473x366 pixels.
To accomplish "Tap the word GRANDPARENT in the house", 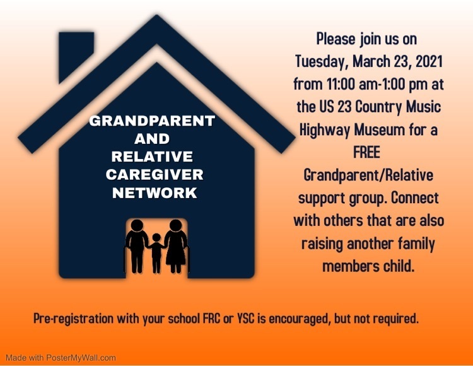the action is [152, 121].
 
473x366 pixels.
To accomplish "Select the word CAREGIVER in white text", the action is [155, 175].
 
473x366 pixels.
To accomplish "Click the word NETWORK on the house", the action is [155, 193].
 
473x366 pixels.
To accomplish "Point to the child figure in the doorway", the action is [156, 253].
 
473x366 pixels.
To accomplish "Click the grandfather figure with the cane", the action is [137, 246].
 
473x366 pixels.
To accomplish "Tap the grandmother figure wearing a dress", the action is [176, 246].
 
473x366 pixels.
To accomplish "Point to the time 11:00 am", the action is [350, 84].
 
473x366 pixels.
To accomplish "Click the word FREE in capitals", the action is [366, 152].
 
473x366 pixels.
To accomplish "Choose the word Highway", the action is [325, 131].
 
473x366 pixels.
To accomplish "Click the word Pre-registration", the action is [74, 319].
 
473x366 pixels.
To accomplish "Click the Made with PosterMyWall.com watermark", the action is [61, 358].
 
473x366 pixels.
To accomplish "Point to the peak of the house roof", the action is [156, 15].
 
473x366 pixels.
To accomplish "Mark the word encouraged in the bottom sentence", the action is [299, 319].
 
